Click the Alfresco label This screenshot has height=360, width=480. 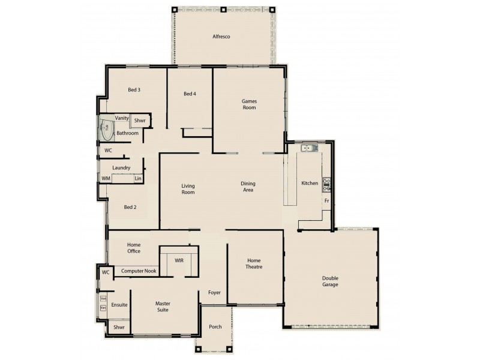tap(221, 37)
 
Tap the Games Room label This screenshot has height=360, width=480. tap(249, 104)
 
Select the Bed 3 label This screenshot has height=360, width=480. tap(134, 90)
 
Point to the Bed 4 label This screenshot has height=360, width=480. tap(190, 94)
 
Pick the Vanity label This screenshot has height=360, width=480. tap(122, 118)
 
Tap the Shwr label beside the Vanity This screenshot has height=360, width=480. tap(140, 121)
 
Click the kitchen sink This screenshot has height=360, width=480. tap(310, 148)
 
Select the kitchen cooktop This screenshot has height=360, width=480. tap(326, 183)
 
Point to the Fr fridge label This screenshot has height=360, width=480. tap(326, 201)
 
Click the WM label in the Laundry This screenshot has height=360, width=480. tap(106, 178)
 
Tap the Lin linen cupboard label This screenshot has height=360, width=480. tap(137, 178)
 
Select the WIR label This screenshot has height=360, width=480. tap(179, 261)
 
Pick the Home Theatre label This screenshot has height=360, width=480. tap(254, 263)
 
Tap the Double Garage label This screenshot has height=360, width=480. tap(330, 281)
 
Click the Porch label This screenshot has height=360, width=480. tap(215, 327)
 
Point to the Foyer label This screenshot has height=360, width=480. tap(214, 293)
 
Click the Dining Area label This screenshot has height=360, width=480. tap(248, 187)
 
